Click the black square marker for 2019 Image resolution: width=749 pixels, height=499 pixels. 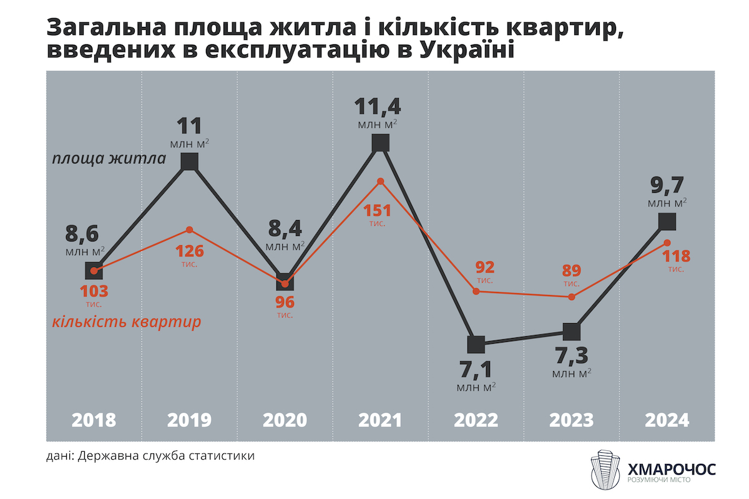click(190, 162)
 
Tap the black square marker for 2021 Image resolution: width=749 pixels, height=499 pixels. click(381, 143)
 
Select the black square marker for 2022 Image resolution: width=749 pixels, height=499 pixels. click(476, 344)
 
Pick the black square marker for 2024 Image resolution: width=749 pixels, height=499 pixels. click(667, 221)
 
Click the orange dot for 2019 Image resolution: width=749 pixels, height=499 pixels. click(190, 230)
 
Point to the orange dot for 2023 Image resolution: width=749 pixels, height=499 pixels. click(572, 297)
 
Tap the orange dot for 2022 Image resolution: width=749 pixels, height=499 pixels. click(476, 291)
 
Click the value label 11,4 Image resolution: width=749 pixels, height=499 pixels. click(378, 106)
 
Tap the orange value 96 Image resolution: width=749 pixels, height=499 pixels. click(285, 303)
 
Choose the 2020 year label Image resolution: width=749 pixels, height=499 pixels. click(285, 420)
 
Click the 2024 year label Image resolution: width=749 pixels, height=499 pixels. click(667, 420)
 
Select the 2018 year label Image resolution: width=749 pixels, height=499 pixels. click(94, 420)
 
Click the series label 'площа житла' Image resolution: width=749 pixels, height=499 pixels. click(109, 158)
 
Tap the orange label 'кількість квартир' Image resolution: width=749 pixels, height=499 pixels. click(127, 322)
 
